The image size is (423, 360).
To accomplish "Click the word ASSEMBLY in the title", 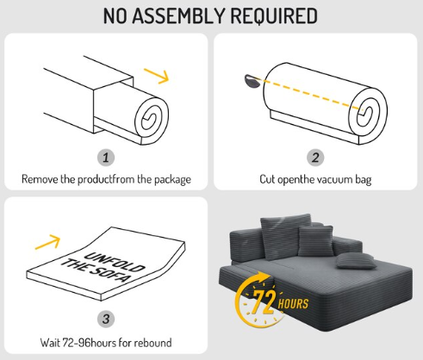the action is pos(178,16).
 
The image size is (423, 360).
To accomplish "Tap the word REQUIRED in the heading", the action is pos(274,16).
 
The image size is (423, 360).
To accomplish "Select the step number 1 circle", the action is pos(106,158).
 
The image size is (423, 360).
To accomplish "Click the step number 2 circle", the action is pos(315,158).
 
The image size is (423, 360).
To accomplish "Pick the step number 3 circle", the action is pos(106,319).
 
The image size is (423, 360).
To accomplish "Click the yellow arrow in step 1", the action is pos(157,76).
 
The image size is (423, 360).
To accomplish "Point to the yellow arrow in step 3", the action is pos(47,242).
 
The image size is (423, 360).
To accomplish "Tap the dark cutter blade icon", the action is pos(252,81).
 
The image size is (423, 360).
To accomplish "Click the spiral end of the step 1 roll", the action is pos(152,118).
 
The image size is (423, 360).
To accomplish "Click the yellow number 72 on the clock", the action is pos(264,302).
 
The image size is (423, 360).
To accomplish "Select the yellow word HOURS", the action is pos(293,304).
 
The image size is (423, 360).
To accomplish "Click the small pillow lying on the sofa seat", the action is pos(356,261).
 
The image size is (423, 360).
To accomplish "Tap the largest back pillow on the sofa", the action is pos(284,236).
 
